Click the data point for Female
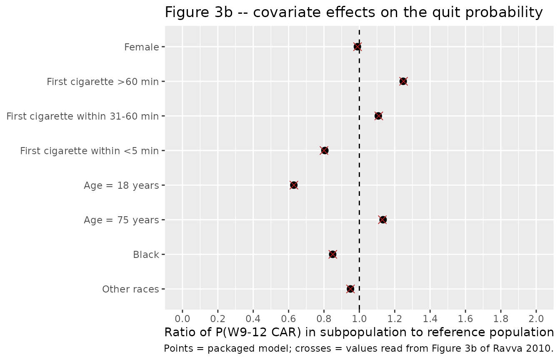(357, 47)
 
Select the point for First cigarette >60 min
(403, 81)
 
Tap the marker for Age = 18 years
(294, 185)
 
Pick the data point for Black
(332, 255)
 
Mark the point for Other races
(350, 289)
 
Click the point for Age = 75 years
(383, 220)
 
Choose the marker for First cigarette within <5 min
(325, 150)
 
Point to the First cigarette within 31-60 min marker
(378, 116)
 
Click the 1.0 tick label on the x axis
(359, 319)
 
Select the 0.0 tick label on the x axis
(182, 319)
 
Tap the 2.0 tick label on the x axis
(536, 319)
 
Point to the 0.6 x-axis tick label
(288, 319)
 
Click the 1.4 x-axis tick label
(430, 319)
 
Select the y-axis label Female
(142, 47)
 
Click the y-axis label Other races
(130, 289)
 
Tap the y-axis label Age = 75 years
(122, 220)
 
